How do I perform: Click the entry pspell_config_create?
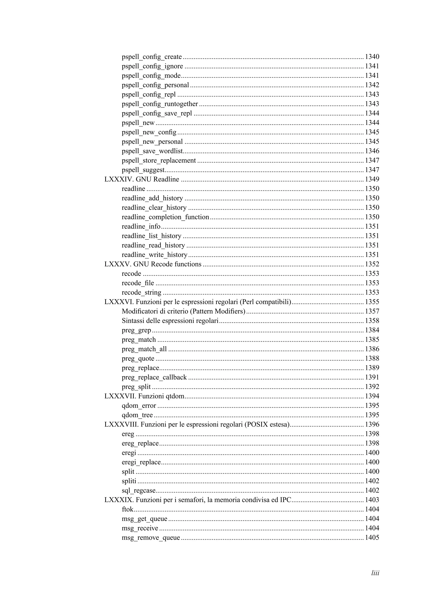[x=152, y=57]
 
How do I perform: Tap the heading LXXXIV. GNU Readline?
[x=142, y=179]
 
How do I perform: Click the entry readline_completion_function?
[x=165, y=217]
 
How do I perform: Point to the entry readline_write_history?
[x=155, y=255]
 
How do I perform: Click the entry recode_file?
[x=138, y=283]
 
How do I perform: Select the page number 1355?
[x=372, y=302]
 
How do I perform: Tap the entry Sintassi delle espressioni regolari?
[x=170, y=321]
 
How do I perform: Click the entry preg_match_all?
[x=144, y=349]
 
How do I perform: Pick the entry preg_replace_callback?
[x=154, y=378]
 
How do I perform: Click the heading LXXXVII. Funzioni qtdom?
[x=144, y=396]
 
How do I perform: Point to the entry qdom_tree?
[x=137, y=415]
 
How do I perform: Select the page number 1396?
[x=372, y=425]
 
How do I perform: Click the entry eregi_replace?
[x=141, y=462]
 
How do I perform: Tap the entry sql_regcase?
[x=138, y=491]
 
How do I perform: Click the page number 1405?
[x=372, y=538]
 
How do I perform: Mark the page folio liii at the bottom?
[x=375, y=573]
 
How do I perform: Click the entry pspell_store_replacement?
[x=159, y=161]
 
